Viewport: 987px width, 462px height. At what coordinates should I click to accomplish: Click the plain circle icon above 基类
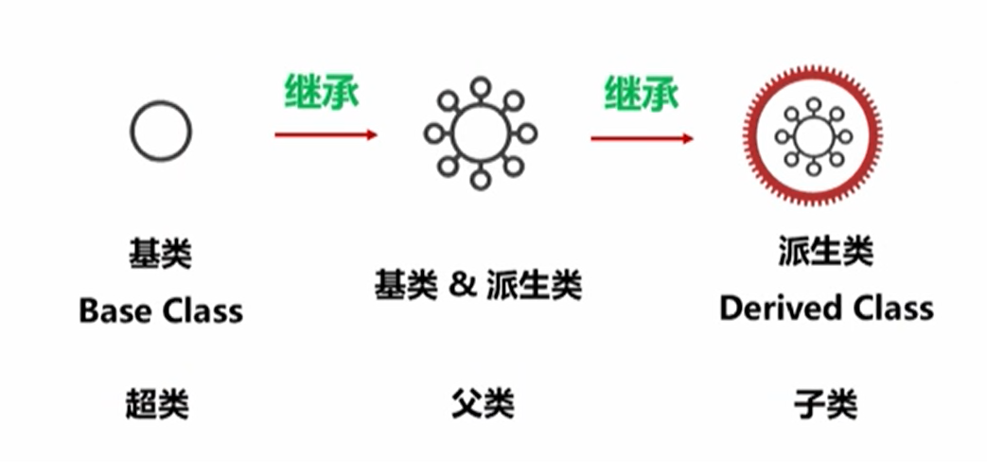[x=161, y=131]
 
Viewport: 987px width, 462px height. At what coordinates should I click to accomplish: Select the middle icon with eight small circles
[x=480, y=133]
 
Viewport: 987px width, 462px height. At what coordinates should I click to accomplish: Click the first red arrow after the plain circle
[x=326, y=134]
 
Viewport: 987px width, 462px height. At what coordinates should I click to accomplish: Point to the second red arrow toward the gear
[x=642, y=138]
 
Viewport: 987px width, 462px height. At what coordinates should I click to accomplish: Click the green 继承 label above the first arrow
[x=323, y=92]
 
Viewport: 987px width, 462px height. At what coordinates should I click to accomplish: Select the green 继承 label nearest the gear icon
[x=642, y=94]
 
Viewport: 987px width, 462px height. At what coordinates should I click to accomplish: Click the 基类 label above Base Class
[x=160, y=254]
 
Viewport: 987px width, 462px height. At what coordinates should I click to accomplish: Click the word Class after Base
[x=200, y=311]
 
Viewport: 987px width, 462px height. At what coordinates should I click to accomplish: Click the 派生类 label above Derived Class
[x=825, y=252]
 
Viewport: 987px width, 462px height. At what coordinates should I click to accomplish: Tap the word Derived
[x=777, y=308]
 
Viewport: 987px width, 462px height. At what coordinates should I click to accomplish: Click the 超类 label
[x=157, y=405]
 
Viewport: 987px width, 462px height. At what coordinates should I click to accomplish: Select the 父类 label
[x=482, y=405]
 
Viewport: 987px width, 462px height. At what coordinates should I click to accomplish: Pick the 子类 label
[x=825, y=405]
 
